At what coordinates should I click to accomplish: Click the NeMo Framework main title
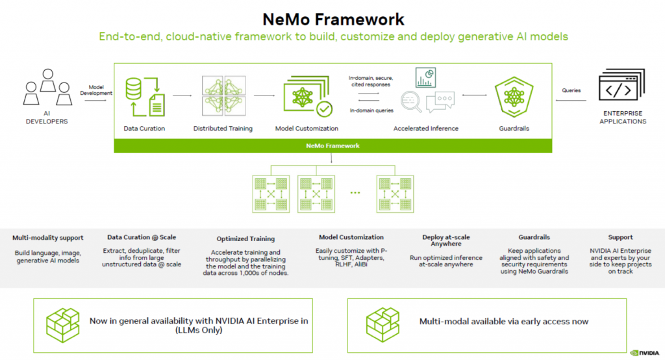332,18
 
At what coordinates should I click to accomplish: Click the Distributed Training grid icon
223,96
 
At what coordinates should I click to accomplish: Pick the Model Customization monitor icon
307,96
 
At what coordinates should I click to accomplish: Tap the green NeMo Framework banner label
333,146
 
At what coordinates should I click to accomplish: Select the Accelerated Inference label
426,129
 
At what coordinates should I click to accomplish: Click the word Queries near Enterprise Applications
571,90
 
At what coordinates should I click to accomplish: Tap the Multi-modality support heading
49,237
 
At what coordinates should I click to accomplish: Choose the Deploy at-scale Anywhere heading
445,240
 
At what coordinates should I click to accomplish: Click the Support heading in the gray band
620,237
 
